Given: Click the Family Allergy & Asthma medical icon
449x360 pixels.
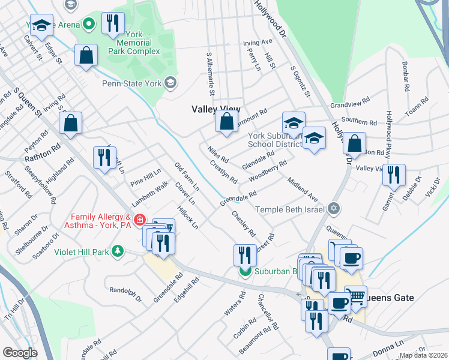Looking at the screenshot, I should [x=140, y=220].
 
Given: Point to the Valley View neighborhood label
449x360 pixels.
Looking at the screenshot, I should [x=215, y=109].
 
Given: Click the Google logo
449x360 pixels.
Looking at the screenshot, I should [x=19, y=353].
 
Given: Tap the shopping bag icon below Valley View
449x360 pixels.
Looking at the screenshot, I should [x=226, y=123].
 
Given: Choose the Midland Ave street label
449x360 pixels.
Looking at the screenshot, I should [x=302, y=189].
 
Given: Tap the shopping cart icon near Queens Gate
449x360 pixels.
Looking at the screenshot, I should [x=355, y=295].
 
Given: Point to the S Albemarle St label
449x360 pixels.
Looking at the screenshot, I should [x=210, y=74].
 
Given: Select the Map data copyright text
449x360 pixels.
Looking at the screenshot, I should [x=423, y=355].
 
